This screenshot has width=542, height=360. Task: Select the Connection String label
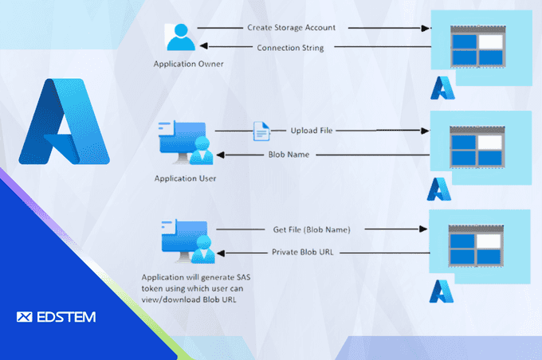(290, 47)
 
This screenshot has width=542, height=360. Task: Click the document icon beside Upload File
(261, 130)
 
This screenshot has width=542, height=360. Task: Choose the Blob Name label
(289, 155)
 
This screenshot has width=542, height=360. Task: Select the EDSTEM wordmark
(56, 317)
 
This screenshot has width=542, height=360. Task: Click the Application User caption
(185, 178)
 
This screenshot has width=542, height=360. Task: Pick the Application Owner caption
(184, 63)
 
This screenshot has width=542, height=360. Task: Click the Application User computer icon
(184, 143)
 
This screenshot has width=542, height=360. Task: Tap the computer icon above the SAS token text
(184, 244)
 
